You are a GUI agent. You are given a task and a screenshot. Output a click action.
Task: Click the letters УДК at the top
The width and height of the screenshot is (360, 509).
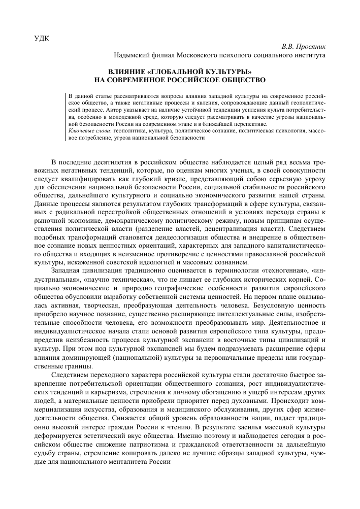[43, 38]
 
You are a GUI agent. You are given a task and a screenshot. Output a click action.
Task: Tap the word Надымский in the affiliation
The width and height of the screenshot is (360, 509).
[132, 54]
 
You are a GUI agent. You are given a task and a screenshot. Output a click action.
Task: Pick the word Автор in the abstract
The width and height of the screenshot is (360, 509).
[128, 109]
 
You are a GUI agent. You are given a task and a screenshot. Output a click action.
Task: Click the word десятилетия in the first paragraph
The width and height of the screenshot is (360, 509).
[116, 161]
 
